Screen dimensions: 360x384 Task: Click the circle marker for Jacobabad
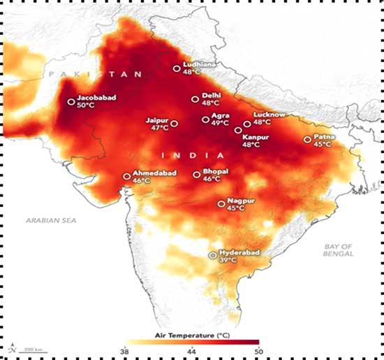(x=71, y=102)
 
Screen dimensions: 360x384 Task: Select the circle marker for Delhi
(x=195, y=99)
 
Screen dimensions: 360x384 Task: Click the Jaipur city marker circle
(x=174, y=124)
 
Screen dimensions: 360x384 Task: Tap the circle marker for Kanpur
(x=238, y=130)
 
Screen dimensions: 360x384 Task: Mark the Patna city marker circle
(x=307, y=140)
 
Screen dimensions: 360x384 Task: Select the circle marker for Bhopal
(x=196, y=174)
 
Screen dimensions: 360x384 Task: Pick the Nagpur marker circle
(x=221, y=204)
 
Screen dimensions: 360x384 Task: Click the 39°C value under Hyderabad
(x=229, y=260)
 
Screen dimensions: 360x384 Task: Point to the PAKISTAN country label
(x=94, y=74)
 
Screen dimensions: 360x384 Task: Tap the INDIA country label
(x=183, y=154)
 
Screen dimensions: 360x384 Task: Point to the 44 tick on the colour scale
(x=191, y=350)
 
